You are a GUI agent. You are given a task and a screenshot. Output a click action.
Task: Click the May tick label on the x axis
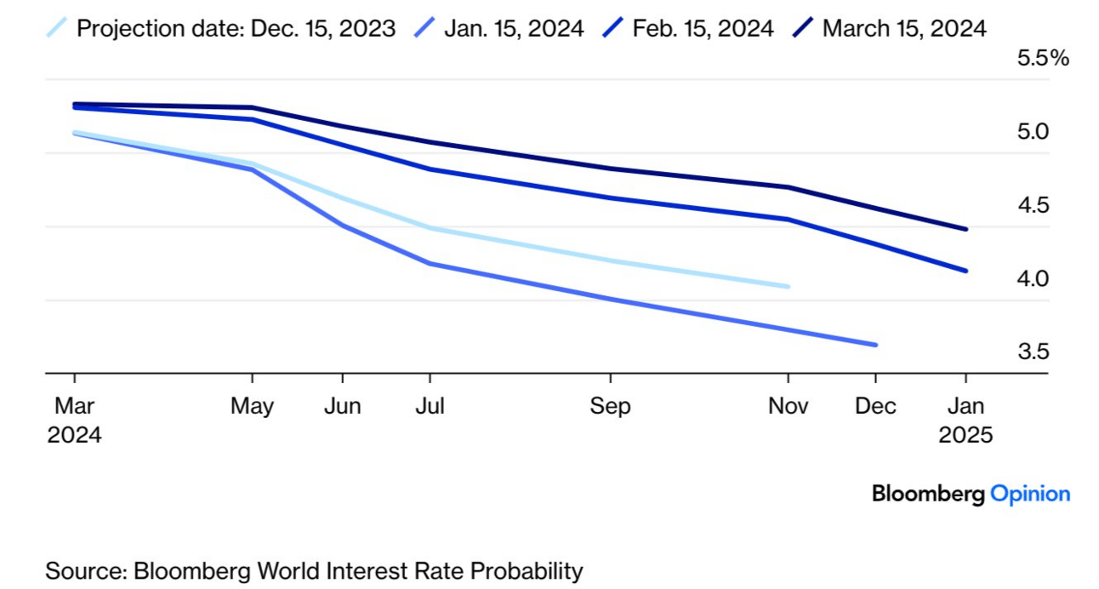tap(252, 406)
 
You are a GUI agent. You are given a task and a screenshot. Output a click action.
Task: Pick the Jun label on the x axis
tap(342, 406)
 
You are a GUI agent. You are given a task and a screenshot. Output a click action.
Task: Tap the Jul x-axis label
tap(430, 406)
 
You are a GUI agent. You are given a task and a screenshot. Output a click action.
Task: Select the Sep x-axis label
tap(610, 406)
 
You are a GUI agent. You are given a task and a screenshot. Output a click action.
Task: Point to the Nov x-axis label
tap(789, 406)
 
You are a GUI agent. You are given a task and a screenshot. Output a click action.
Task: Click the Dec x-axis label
tap(875, 406)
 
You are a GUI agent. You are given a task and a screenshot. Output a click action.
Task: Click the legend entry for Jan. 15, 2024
tap(513, 28)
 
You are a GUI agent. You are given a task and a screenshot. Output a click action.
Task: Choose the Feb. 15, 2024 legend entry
tap(703, 28)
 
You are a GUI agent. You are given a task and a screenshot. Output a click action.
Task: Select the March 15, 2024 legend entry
tap(904, 28)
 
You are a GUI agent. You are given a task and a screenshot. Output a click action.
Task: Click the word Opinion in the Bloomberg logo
tap(1030, 494)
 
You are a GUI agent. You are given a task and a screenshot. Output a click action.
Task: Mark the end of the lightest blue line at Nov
tap(788, 287)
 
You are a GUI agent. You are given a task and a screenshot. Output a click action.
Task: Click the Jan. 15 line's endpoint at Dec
tap(875, 345)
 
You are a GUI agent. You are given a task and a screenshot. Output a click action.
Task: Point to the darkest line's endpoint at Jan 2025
tap(965, 229)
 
